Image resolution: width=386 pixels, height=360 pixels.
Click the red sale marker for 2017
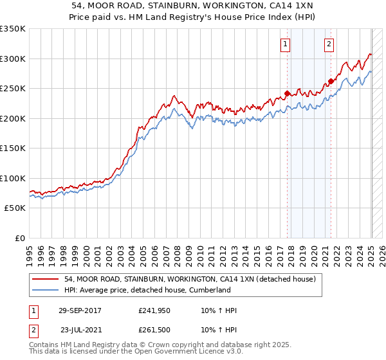coord(287,93)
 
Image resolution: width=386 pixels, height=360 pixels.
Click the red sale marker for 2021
coord(331,81)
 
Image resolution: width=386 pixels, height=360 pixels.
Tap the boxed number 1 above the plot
coord(285,44)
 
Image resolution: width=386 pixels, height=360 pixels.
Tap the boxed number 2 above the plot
coord(329,44)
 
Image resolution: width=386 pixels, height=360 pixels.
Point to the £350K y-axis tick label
coord(13,29)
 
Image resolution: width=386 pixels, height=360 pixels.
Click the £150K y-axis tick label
coord(13,148)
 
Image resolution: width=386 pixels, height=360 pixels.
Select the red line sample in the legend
coord(45,280)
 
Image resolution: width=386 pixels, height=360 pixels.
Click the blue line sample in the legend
coord(45,291)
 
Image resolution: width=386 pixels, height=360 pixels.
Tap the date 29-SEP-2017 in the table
coord(80,310)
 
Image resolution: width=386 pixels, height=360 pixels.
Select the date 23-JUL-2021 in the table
coord(80,329)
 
